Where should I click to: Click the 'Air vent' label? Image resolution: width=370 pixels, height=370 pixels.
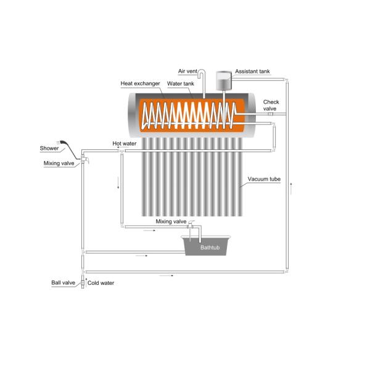(x=187, y=72)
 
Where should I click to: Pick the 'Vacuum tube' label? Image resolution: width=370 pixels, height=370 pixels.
(x=264, y=179)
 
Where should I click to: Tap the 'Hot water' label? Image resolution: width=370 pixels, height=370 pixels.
(x=124, y=143)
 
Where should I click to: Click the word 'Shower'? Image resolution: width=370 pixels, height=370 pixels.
(x=49, y=148)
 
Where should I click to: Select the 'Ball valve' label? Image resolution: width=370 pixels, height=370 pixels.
(x=63, y=283)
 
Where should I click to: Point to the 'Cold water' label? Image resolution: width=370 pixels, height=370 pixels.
(x=101, y=283)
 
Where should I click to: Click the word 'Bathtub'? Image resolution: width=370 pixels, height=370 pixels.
(x=210, y=248)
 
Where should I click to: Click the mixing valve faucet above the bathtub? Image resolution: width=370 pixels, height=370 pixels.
(x=191, y=224)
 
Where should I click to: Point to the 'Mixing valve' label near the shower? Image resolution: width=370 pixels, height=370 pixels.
(x=59, y=163)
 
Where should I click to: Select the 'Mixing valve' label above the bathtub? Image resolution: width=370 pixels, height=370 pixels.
(x=171, y=221)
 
